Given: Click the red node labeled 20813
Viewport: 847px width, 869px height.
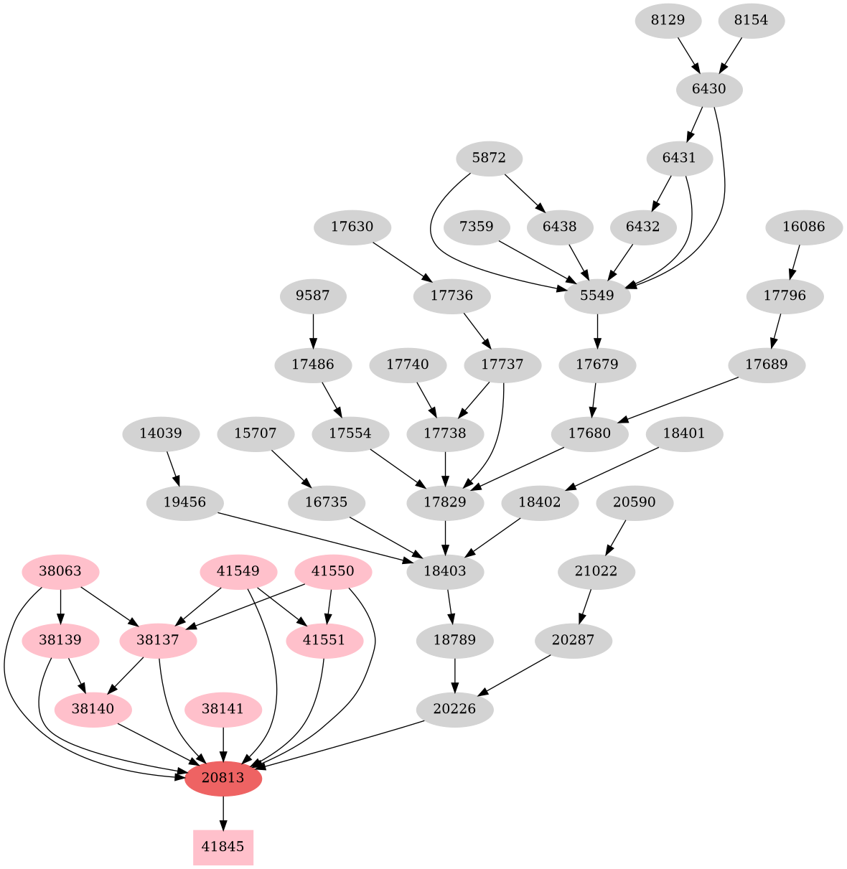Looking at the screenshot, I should (223, 778).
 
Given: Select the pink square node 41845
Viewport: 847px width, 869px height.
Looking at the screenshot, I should (223, 847).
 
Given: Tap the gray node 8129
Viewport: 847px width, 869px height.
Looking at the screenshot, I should (668, 21).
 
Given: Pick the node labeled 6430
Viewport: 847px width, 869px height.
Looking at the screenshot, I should (708, 90).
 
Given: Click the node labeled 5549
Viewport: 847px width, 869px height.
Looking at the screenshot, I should (597, 296).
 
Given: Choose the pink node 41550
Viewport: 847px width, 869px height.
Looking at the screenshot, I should (333, 572).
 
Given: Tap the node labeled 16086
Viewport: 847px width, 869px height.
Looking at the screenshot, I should (803, 227).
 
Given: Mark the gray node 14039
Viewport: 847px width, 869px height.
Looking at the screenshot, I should (160, 434).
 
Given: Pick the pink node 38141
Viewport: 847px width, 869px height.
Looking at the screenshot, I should (223, 710).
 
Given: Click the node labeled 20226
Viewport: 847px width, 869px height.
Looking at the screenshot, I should (454, 710).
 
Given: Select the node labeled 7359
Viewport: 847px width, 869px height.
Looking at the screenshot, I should (476, 227).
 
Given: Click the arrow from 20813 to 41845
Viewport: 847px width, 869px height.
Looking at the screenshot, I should (223, 812).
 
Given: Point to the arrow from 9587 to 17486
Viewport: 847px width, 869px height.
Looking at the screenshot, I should (312, 330).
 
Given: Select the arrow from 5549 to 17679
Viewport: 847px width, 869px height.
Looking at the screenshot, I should (597, 330).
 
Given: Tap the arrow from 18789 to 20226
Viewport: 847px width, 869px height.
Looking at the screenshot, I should (454, 675).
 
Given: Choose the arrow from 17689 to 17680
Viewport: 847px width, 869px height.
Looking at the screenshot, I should (678, 399).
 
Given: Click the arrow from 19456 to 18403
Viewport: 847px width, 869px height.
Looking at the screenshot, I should (316, 537).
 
